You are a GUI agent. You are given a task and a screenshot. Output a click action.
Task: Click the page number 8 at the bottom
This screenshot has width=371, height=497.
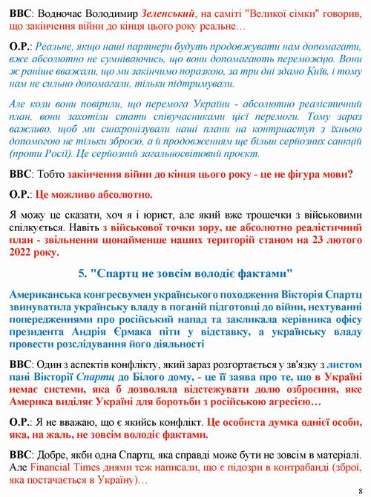click(x=359, y=490)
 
